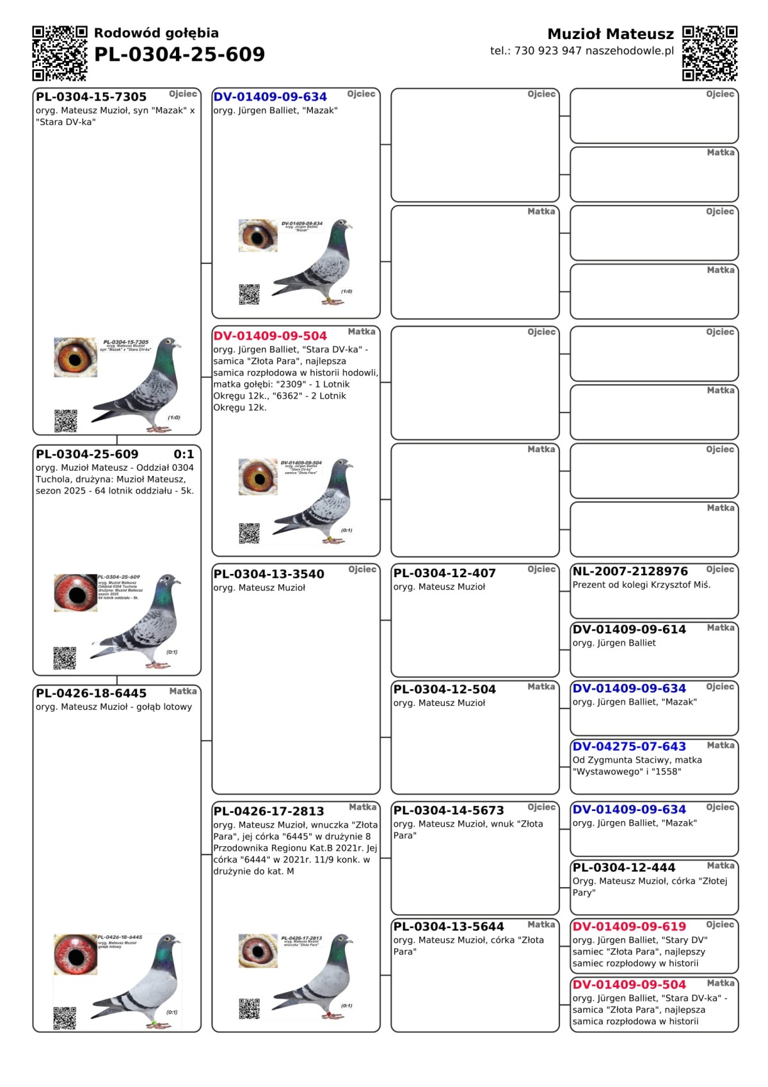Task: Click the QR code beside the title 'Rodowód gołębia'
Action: coord(60,53)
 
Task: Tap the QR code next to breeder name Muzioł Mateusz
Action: coord(710,53)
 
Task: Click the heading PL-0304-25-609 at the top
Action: coord(179,54)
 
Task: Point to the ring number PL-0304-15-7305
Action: coord(92,97)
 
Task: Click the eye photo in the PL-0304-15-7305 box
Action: coord(76,357)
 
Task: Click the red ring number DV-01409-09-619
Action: coord(629,926)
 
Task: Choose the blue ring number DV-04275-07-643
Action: coord(629,746)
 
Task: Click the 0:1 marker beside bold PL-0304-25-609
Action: coord(184,454)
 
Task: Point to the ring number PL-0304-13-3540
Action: coord(269,574)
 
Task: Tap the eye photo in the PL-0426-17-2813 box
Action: coord(259,951)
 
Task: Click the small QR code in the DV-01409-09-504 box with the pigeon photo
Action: coord(249,533)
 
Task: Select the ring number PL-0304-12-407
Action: coord(445,573)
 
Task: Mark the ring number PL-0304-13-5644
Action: coord(449,926)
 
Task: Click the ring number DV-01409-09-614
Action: coord(629,630)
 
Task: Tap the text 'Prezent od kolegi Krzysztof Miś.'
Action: coord(641,585)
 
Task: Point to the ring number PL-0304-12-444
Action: coord(624,867)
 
